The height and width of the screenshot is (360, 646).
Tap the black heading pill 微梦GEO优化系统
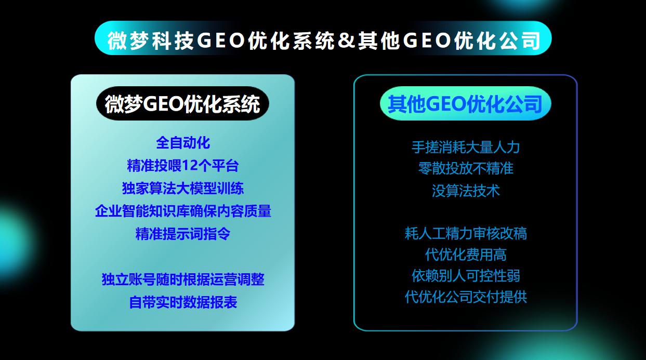click(182, 103)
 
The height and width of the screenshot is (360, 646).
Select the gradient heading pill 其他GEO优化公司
click(465, 103)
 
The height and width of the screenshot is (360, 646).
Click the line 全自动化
click(182, 142)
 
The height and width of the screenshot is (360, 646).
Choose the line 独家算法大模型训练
click(182, 188)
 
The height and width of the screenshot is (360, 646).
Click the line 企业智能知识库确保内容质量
click(182, 211)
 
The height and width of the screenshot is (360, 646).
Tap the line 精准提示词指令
click(182, 234)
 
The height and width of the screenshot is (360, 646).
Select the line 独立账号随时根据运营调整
click(182, 279)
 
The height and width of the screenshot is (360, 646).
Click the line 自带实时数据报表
click(182, 302)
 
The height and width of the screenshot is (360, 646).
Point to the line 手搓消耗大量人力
click(465, 147)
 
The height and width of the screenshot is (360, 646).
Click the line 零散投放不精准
click(465, 168)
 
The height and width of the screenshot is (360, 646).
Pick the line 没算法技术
click(465, 191)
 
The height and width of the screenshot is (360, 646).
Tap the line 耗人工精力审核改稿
click(465, 233)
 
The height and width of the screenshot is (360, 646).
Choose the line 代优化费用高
click(465, 255)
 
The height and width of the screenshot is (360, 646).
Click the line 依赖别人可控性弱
click(465, 275)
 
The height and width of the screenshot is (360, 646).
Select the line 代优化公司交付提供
click(465, 297)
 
